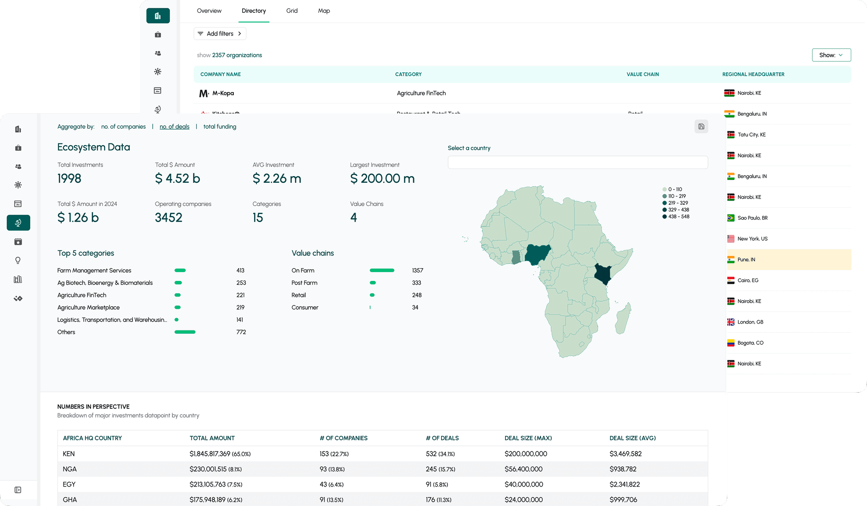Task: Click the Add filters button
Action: [x=220, y=34]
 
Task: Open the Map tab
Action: [x=324, y=11]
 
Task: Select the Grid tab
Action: [x=292, y=11]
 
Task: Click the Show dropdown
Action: [x=831, y=55]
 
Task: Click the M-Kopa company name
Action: [x=223, y=93]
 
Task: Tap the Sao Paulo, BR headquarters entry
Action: [x=752, y=218]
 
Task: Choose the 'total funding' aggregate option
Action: [x=220, y=126]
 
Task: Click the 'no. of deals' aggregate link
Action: [x=174, y=126]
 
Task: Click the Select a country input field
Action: [x=577, y=162]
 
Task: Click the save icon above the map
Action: [x=701, y=126]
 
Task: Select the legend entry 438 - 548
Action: [x=678, y=217]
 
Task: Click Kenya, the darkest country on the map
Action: [x=602, y=274]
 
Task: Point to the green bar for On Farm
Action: [x=382, y=270]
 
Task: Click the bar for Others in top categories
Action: [x=185, y=332]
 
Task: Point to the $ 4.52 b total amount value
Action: [x=177, y=179]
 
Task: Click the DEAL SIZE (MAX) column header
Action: [x=528, y=438]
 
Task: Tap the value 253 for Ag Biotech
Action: [x=241, y=283]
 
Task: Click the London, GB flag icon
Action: [x=731, y=322]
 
